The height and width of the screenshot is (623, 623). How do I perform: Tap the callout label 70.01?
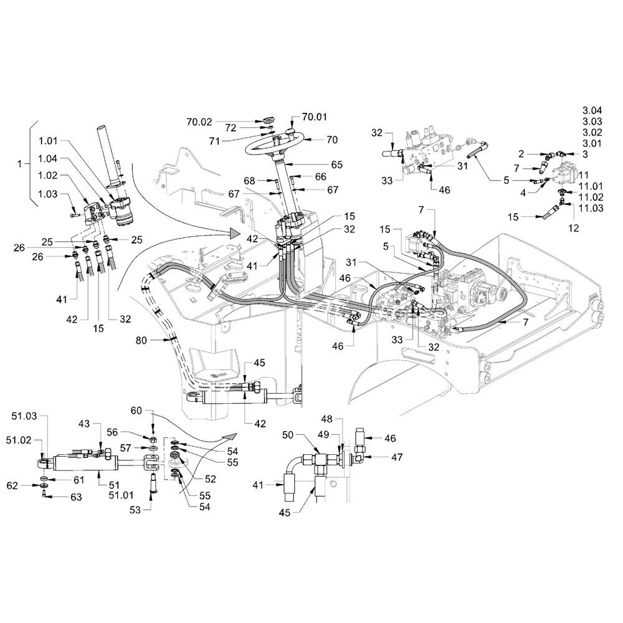315,117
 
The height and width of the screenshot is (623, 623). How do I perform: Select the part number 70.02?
200,122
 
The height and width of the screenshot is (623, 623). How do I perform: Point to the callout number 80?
141,341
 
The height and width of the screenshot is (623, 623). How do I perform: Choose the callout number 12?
573,228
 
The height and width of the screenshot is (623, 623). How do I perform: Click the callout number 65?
337,165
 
